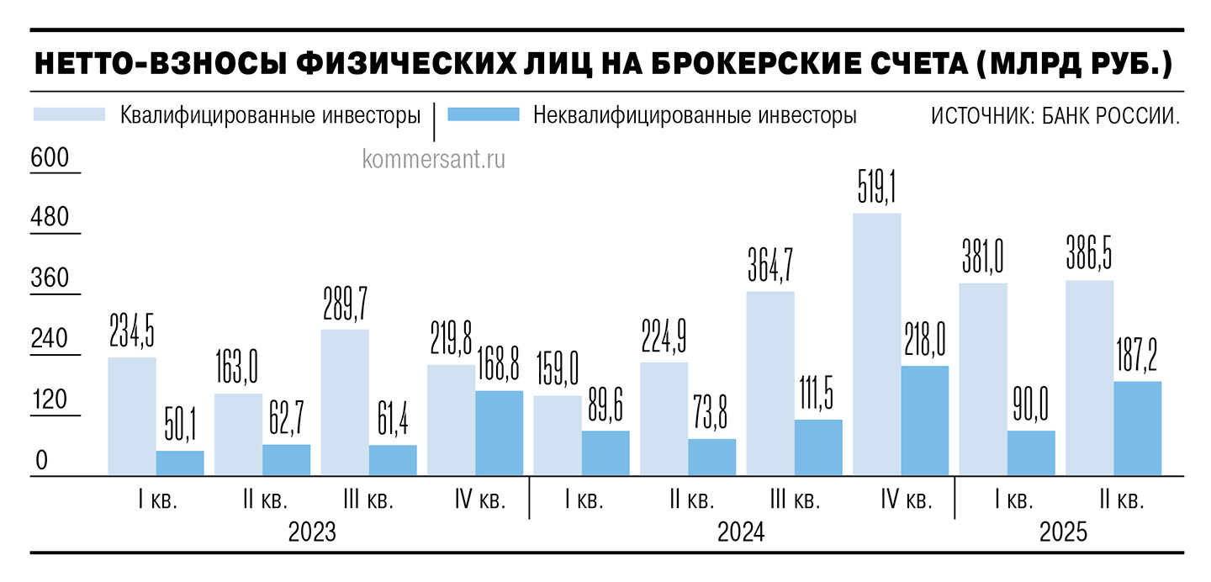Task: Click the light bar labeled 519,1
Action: pyautogui.click(x=877, y=345)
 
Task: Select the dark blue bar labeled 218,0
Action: pyautogui.click(x=924, y=421)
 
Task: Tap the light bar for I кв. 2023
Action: pyautogui.click(x=132, y=416)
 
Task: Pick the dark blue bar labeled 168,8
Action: pyautogui.click(x=499, y=433)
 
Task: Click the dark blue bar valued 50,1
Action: pyautogui.click(x=180, y=463)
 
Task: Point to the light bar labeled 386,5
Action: pyautogui.click(x=1089, y=378)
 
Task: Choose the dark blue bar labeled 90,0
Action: pyautogui.click(x=1031, y=453)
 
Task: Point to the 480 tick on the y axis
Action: pyautogui.click(x=50, y=218)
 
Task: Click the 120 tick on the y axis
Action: pyautogui.click(x=50, y=401)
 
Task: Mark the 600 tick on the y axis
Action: pyautogui.click(x=50, y=157)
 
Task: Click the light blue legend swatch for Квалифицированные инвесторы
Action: pyautogui.click(x=69, y=114)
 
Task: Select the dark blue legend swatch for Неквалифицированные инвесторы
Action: pyautogui.click(x=483, y=114)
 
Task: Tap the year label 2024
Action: pyautogui.click(x=740, y=533)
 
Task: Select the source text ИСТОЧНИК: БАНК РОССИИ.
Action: pyautogui.click(x=1055, y=115)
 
